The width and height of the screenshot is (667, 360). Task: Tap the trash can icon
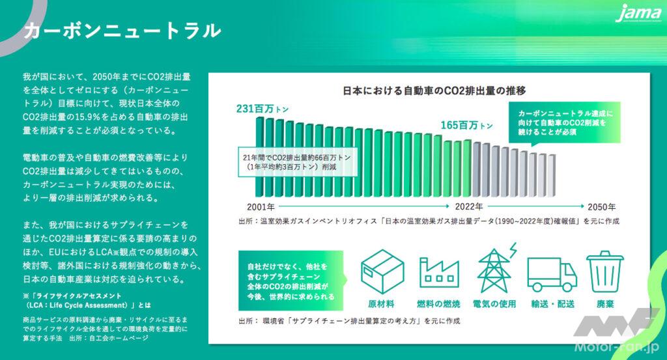(606, 271)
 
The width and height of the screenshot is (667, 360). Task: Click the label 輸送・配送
(548, 304)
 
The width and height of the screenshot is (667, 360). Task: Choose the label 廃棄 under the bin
(605, 304)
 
